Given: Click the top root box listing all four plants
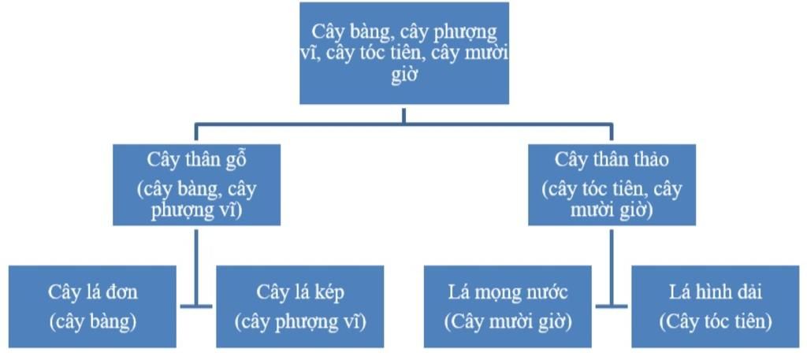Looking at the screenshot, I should click(403, 54).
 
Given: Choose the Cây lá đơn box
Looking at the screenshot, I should click(92, 306).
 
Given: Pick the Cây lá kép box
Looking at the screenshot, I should click(300, 306).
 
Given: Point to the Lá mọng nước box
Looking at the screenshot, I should click(508, 306).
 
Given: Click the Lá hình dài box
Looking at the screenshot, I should click(716, 306).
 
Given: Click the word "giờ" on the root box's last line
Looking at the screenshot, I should click(403, 77).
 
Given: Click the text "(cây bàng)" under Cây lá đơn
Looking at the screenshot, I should click(92, 321).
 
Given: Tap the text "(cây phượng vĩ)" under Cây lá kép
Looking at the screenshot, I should click(300, 321).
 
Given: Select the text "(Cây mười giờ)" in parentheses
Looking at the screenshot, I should click(508, 321).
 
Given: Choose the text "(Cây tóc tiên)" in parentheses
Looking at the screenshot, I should click(716, 321).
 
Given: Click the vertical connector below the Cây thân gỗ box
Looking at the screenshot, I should click(196, 260).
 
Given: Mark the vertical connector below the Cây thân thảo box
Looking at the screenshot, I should click(612, 260).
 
